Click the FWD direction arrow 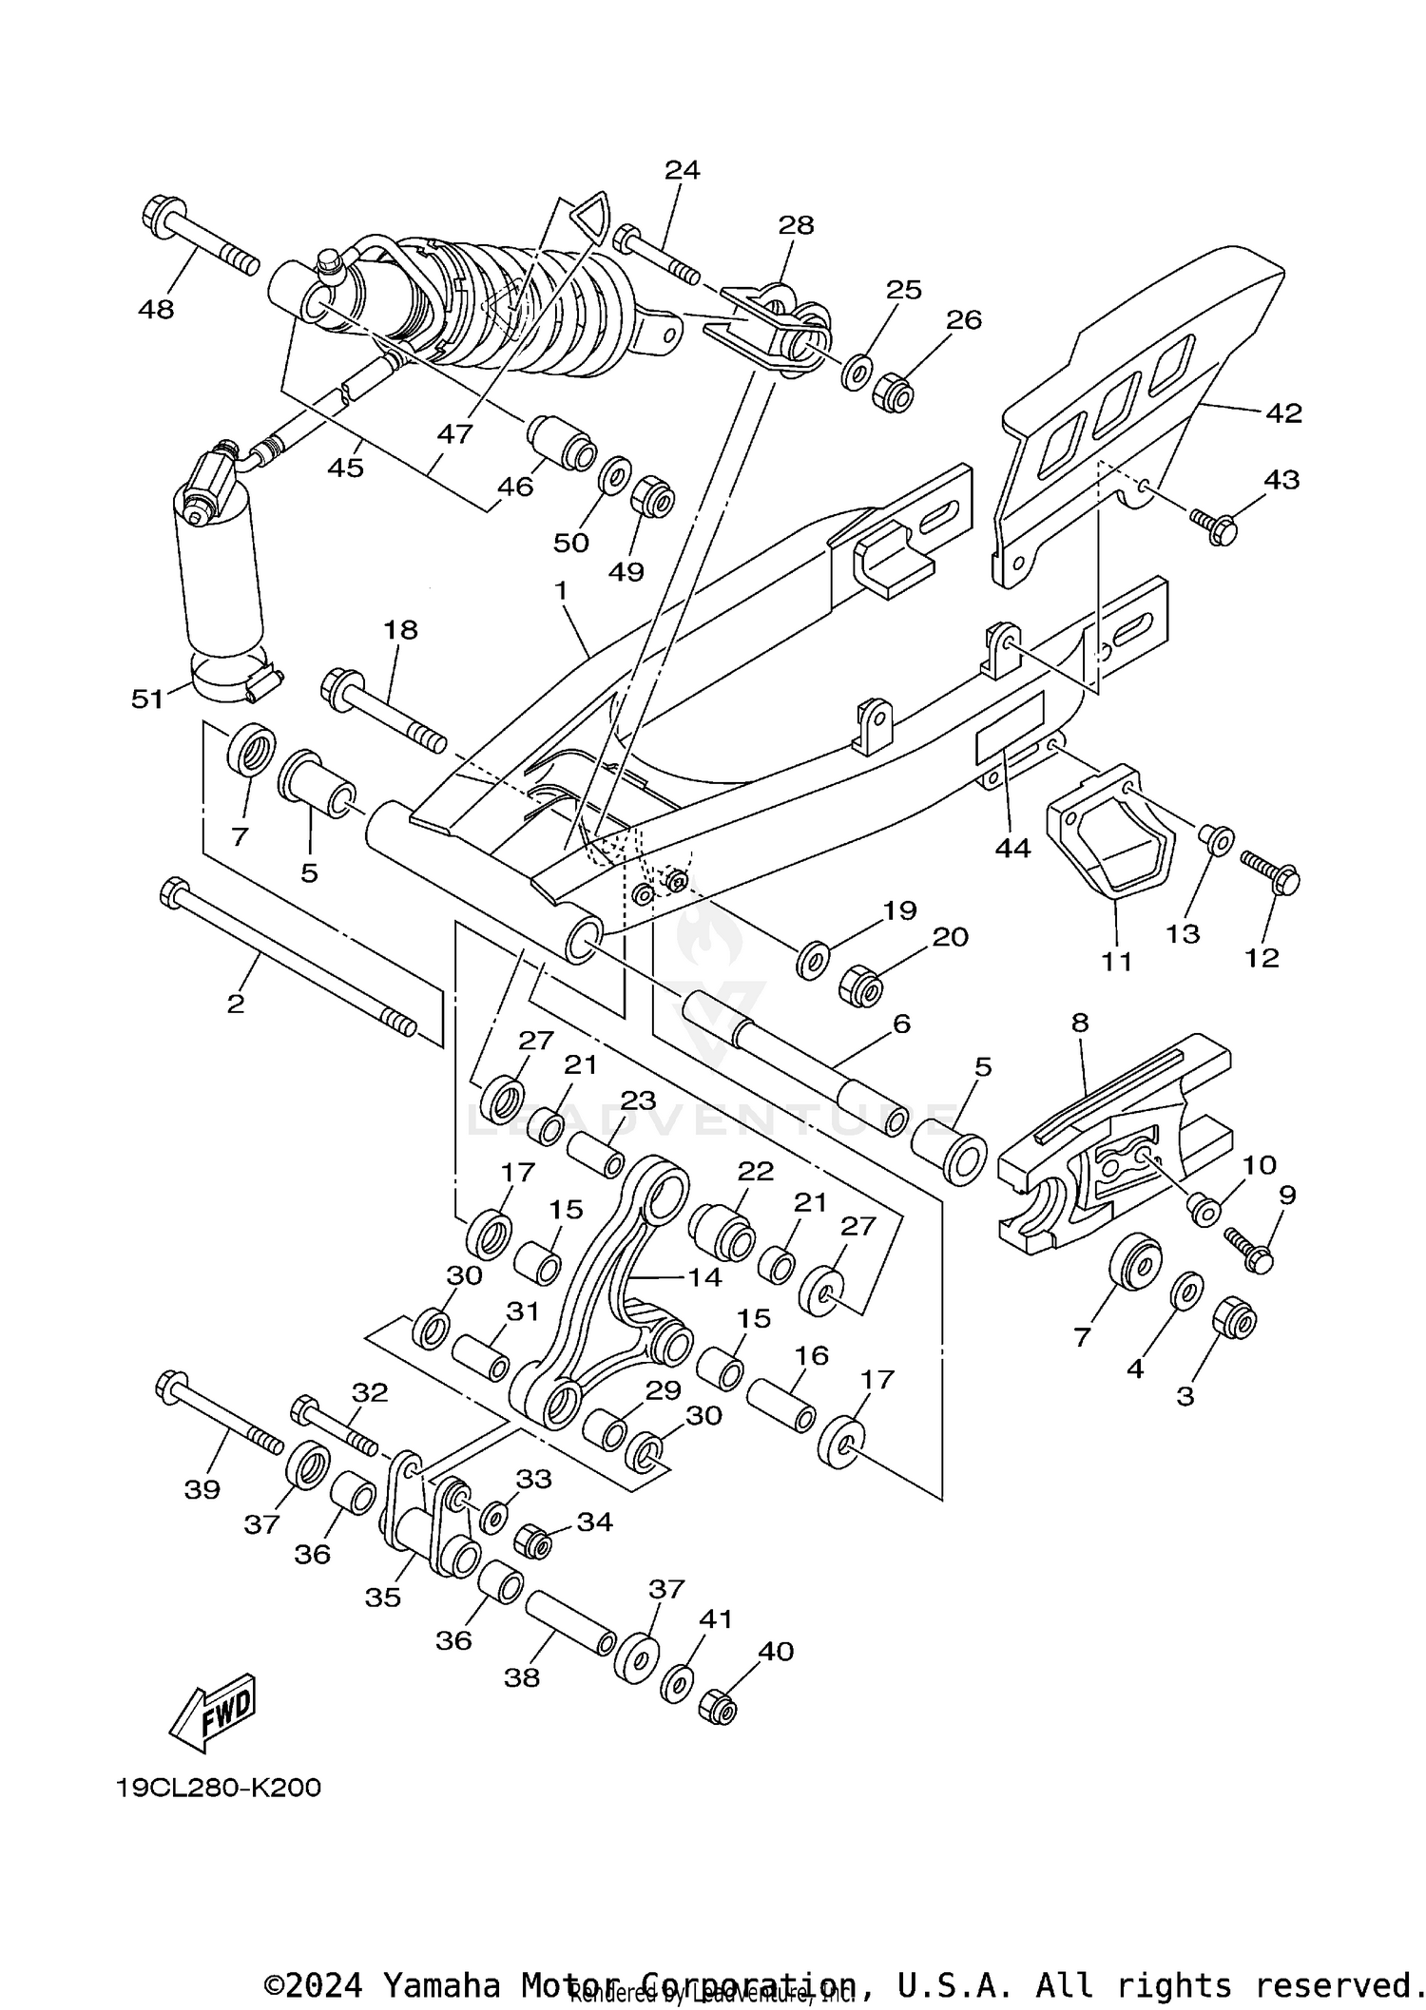[x=211, y=1712]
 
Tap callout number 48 [x=156, y=310]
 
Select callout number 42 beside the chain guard [x=1282, y=413]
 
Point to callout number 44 [x=1012, y=849]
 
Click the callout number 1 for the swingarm [x=561, y=591]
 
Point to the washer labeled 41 [x=676, y=1683]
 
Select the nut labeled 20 [x=860, y=988]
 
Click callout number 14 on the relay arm [x=705, y=1276]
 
